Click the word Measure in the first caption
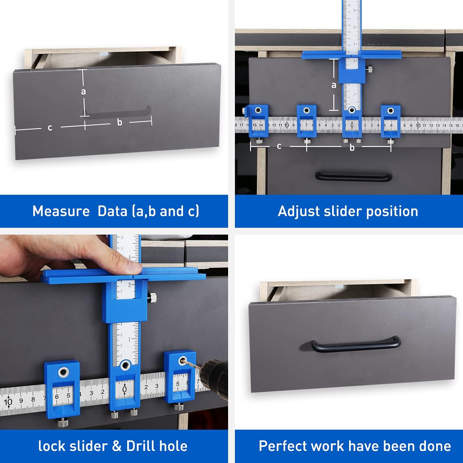pyautogui.click(x=61, y=211)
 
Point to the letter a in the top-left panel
pyautogui.click(x=83, y=91)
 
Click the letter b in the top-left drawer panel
pyautogui.click(x=120, y=122)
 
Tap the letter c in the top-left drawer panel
pyautogui.click(x=50, y=127)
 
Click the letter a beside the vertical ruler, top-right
pyautogui.click(x=334, y=85)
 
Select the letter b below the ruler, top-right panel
pyautogui.click(x=352, y=148)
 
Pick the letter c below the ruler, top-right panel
pyautogui.click(x=279, y=146)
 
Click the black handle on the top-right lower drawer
pyautogui.click(x=353, y=177)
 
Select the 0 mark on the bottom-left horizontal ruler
pyautogui.click(x=124, y=389)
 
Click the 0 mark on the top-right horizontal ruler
pyautogui.click(x=352, y=125)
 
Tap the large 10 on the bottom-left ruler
pyautogui.click(x=8, y=402)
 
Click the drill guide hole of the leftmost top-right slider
pyautogui.click(x=258, y=110)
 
